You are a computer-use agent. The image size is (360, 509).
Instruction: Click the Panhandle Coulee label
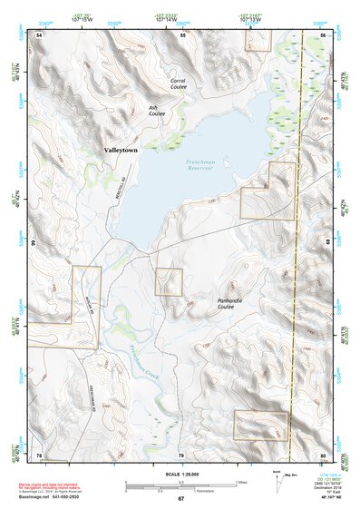pos(238,302)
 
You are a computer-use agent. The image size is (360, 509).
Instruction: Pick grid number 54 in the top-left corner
pos(40,34)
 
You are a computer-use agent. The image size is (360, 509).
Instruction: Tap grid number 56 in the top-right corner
pos(323,34)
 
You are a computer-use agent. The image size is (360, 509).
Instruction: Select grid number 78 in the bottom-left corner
pos(39,455)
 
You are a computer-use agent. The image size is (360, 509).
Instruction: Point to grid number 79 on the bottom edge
pos(180,455)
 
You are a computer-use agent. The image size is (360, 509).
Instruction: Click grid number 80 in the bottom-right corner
pos(323,455)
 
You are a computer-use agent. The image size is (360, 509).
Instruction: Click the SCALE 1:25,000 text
pos(180,474)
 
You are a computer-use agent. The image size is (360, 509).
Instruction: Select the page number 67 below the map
pos(180,499)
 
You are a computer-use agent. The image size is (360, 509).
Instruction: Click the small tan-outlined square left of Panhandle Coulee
pos(169,281)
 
